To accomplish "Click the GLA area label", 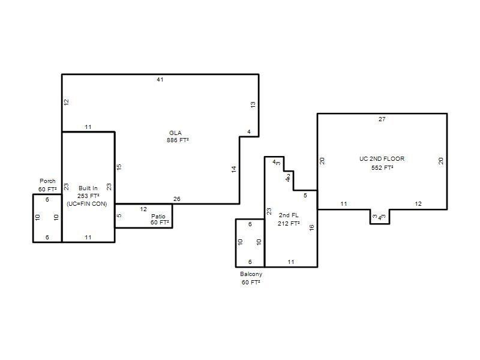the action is (x=175, y=133).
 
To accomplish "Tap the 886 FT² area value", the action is (x=178, y=140).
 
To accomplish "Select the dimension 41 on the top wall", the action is (x=160, y=80).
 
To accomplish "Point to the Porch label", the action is (x=47, y=181).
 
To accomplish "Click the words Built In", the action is (x=88, y=188).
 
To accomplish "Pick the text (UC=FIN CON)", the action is (x=87, y=204).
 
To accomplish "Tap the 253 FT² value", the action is (x=88, y=196).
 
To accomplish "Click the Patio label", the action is (x=158, y=216).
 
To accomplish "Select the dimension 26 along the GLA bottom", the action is (x=177, y=199).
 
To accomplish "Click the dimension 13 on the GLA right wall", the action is (x=253, y=104).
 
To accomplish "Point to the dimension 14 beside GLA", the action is (x=234, y=169).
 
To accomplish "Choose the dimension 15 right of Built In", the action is (x=119, y=167).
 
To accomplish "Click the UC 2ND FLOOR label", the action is (x=382, y=158).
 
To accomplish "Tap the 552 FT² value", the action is (x=382, y=168).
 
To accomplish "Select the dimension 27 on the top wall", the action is (x=382, y=119).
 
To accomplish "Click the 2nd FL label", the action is (x=289, y=215).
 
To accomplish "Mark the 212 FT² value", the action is (x=289, y=223).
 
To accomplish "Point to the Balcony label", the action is (x=251, y=274).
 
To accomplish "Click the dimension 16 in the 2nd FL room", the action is (x=311, y=228).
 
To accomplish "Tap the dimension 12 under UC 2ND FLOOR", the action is (x=418, y=204).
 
